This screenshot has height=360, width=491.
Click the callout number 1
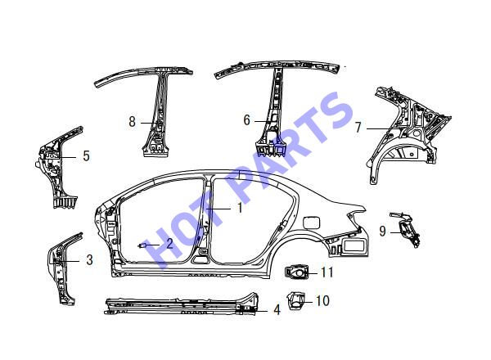(x=240, y=208)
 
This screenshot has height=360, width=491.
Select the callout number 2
(x=169, y=243)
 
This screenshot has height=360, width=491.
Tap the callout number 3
(x=89, y=260)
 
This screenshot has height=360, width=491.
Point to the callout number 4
(x=277, y=310)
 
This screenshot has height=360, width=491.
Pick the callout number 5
(x=87, y=155)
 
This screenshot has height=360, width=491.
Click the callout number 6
(x=247, y=120)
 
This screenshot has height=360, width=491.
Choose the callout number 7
(x=358, y=128)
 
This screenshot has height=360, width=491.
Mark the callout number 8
(x=132, y=121)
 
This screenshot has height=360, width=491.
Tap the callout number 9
(x=382, y=231)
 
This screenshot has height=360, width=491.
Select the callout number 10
(x=322, y=300)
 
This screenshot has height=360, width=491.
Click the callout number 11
(x=327, y=272)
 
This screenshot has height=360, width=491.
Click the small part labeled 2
(x=142, y=245)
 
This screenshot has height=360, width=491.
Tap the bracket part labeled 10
(x=296, y=301)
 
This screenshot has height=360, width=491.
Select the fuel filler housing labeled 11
(x=296, y=272)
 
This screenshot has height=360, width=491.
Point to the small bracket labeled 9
(x=406, y=228)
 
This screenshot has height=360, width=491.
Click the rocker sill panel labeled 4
(x=181, y=304)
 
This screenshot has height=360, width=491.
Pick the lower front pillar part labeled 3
(x=63, y=268)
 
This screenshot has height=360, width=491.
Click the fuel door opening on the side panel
(x=312, y=222)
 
